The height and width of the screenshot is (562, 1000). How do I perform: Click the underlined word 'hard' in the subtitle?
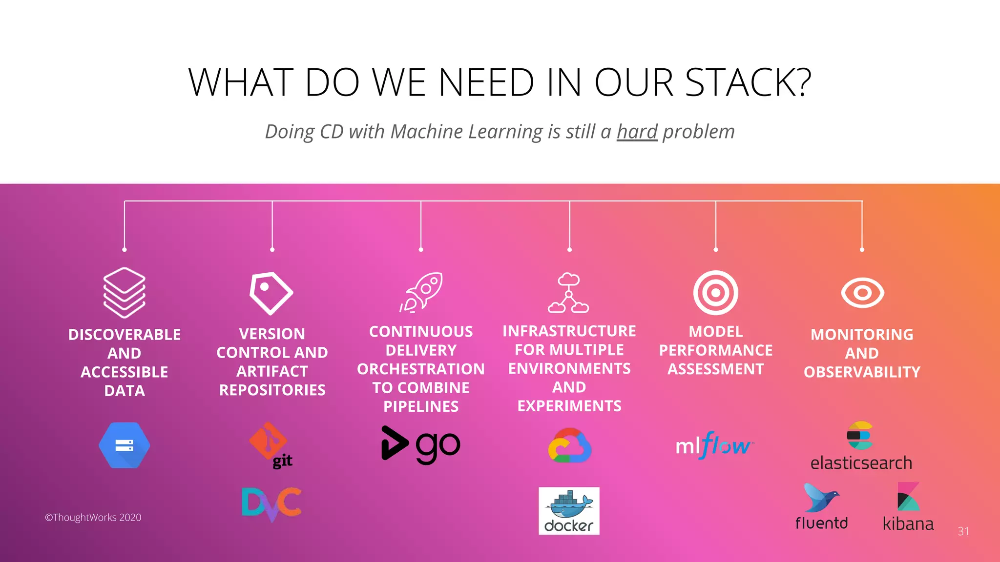click(x=637, y=132)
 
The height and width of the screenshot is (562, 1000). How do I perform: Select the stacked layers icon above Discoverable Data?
click(x=125, y=292)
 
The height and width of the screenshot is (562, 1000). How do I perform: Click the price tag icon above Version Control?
click(x=271, y=293)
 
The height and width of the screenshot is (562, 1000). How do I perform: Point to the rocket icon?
click(x=421, y=292)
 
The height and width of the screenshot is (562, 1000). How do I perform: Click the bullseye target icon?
click(x=716, y=293)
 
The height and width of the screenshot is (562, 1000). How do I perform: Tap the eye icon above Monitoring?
click(x=862, y=293)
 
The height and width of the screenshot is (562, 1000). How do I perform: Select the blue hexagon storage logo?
click(x=125, y=445)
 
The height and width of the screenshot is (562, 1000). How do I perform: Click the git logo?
click(x=271, y=445)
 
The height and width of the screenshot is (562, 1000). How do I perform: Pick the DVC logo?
click(x=271, y=503)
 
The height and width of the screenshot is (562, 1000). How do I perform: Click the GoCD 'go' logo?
click(x=420, y=445)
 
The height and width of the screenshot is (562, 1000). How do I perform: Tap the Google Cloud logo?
click(x=569, y=445)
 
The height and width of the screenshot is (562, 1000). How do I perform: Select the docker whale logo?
click(x=569, y=510)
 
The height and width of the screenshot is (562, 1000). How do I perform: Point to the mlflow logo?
click(x=714, y=445)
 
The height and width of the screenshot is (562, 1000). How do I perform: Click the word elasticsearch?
click(x=861, y=462)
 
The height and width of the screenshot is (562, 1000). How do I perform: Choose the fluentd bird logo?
click(x=821, y=499)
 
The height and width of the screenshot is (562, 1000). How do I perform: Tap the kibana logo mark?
click(x=908, y=497)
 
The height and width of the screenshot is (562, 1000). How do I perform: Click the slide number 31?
click(x=963, y=531)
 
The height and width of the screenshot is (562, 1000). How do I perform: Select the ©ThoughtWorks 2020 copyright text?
click(x=93, y=518)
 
